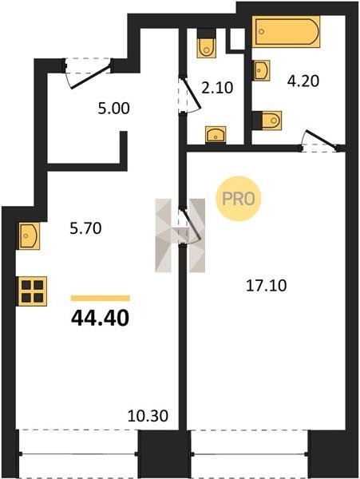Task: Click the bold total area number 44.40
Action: tap(100, 318)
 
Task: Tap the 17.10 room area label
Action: tap(267, 286)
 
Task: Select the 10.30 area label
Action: tap(148, 416)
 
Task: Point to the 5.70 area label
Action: tap(85, 228)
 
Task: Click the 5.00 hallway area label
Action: tap(113, 109)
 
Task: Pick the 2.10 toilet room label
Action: tap(217, 88)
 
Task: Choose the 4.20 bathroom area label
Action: tap(303, 81)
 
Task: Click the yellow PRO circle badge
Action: tap(239, 199)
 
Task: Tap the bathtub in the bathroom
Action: tap(286, 32)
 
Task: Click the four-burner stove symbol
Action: tap(33, 291)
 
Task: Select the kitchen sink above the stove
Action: tap(30, 236)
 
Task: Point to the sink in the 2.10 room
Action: tap(216, 134)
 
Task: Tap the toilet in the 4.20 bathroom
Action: tap(271, 121)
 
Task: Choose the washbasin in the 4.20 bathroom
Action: tap(262, 70)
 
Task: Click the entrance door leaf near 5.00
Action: tap(90, 77)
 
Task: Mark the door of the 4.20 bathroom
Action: tap(322, 140)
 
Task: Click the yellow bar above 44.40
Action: tap(100, 298)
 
